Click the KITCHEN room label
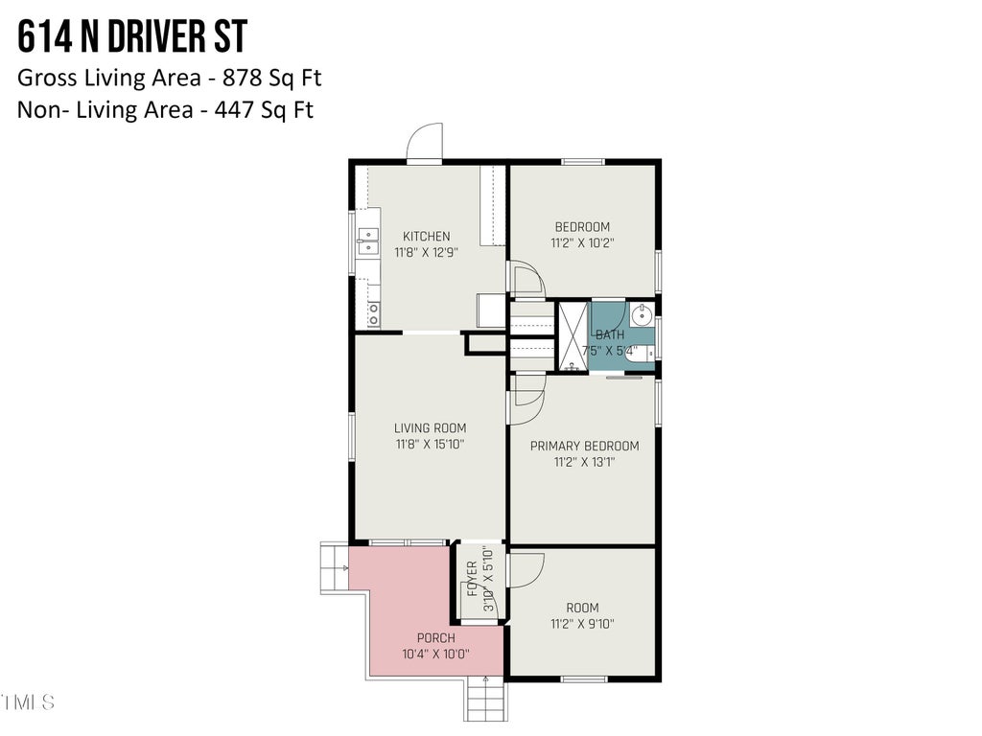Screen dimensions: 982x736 (426, 237)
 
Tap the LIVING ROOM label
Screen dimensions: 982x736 (431, 428)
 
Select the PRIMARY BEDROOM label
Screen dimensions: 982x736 (584, 447)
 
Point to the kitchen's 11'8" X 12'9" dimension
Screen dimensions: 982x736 (426, 253)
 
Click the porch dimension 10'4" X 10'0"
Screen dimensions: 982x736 (436, 655)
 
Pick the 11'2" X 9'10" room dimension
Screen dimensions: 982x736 (582, 624)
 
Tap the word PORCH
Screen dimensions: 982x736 (436, 638)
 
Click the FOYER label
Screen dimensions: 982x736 (472, 579)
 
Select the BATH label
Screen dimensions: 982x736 (609, 334)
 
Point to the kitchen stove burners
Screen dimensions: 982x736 (373, 314)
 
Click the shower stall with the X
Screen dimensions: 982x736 (573, 336)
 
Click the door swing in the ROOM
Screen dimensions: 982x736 (526, 570)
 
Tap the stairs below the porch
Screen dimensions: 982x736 (486, 699)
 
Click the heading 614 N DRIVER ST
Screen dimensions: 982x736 (132, 36)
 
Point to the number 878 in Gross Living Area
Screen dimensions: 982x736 (243, 78)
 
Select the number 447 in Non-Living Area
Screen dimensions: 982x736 (235, 109)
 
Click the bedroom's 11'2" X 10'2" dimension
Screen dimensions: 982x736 (582, 243)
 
